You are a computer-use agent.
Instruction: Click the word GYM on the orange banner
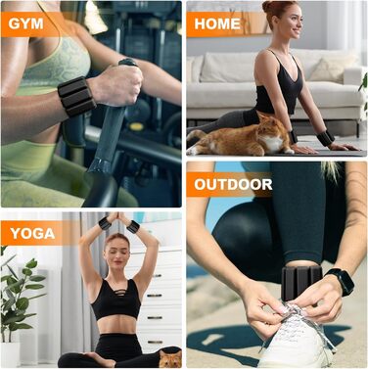[x=25, y=23]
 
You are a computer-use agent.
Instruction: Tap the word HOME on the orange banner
[x=217, y=23]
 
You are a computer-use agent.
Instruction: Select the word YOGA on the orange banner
[x=32, y=233]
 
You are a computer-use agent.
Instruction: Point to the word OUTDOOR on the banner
[x=233, y=185]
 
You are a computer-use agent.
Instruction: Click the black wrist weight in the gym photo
[x=76, y=96]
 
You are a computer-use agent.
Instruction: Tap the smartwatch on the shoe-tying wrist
[x=341, y=281]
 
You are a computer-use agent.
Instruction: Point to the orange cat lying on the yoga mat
[x=242, y=135]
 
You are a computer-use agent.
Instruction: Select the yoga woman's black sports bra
[x=116, y=300]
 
